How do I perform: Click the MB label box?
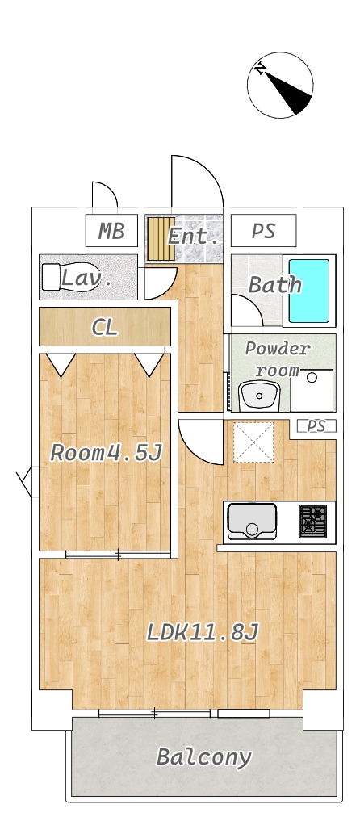[111, 231]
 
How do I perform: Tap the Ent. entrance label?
[193, 236]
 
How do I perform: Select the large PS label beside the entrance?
[263, 231]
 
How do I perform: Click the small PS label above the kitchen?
[316, 426]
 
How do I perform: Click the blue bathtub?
[309, 291]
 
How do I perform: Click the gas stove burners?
[312, 521]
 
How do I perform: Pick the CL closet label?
[105, 327]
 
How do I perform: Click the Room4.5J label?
[106, 453]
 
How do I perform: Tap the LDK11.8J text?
[203, 633]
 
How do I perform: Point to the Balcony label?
[203, 757]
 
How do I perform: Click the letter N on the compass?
[261, 69]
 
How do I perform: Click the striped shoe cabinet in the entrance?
[161, 238]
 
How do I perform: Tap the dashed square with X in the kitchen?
[253, 442]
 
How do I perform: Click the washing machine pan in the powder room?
[312, 390]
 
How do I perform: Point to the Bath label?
[275, 285]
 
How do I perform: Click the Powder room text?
[277, 359]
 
